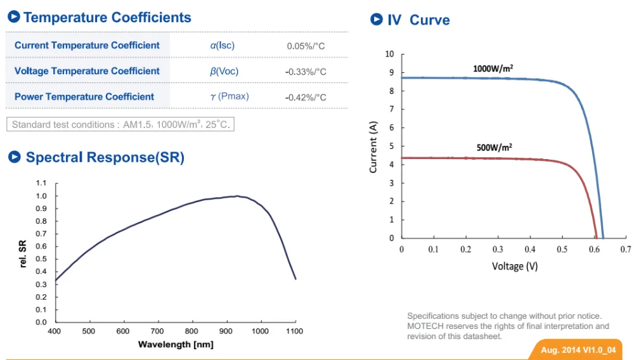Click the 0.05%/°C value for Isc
tap(306, 46)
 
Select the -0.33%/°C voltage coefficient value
tap(306, 72)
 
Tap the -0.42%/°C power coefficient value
tap(306, 97)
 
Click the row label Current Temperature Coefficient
tap(87, 45)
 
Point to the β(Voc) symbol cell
tap(224, 71)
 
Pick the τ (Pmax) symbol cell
tap(229, 96)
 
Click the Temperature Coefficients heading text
tap(107, 17)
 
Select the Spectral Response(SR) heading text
tap(105, 157)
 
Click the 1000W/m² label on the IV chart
tap(492, 68)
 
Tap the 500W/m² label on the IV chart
tap(494, 147)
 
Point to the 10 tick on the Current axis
tap(390, 55)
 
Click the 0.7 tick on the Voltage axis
tap(626, 250)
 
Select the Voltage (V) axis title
tap(515, 266)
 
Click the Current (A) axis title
tap(373, 147)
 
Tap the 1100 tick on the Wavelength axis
tap(294, 331)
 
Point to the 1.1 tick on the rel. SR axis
tap(41, 183)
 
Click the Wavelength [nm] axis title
tap(176, 344)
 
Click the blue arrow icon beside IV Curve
tap(377, 20)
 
